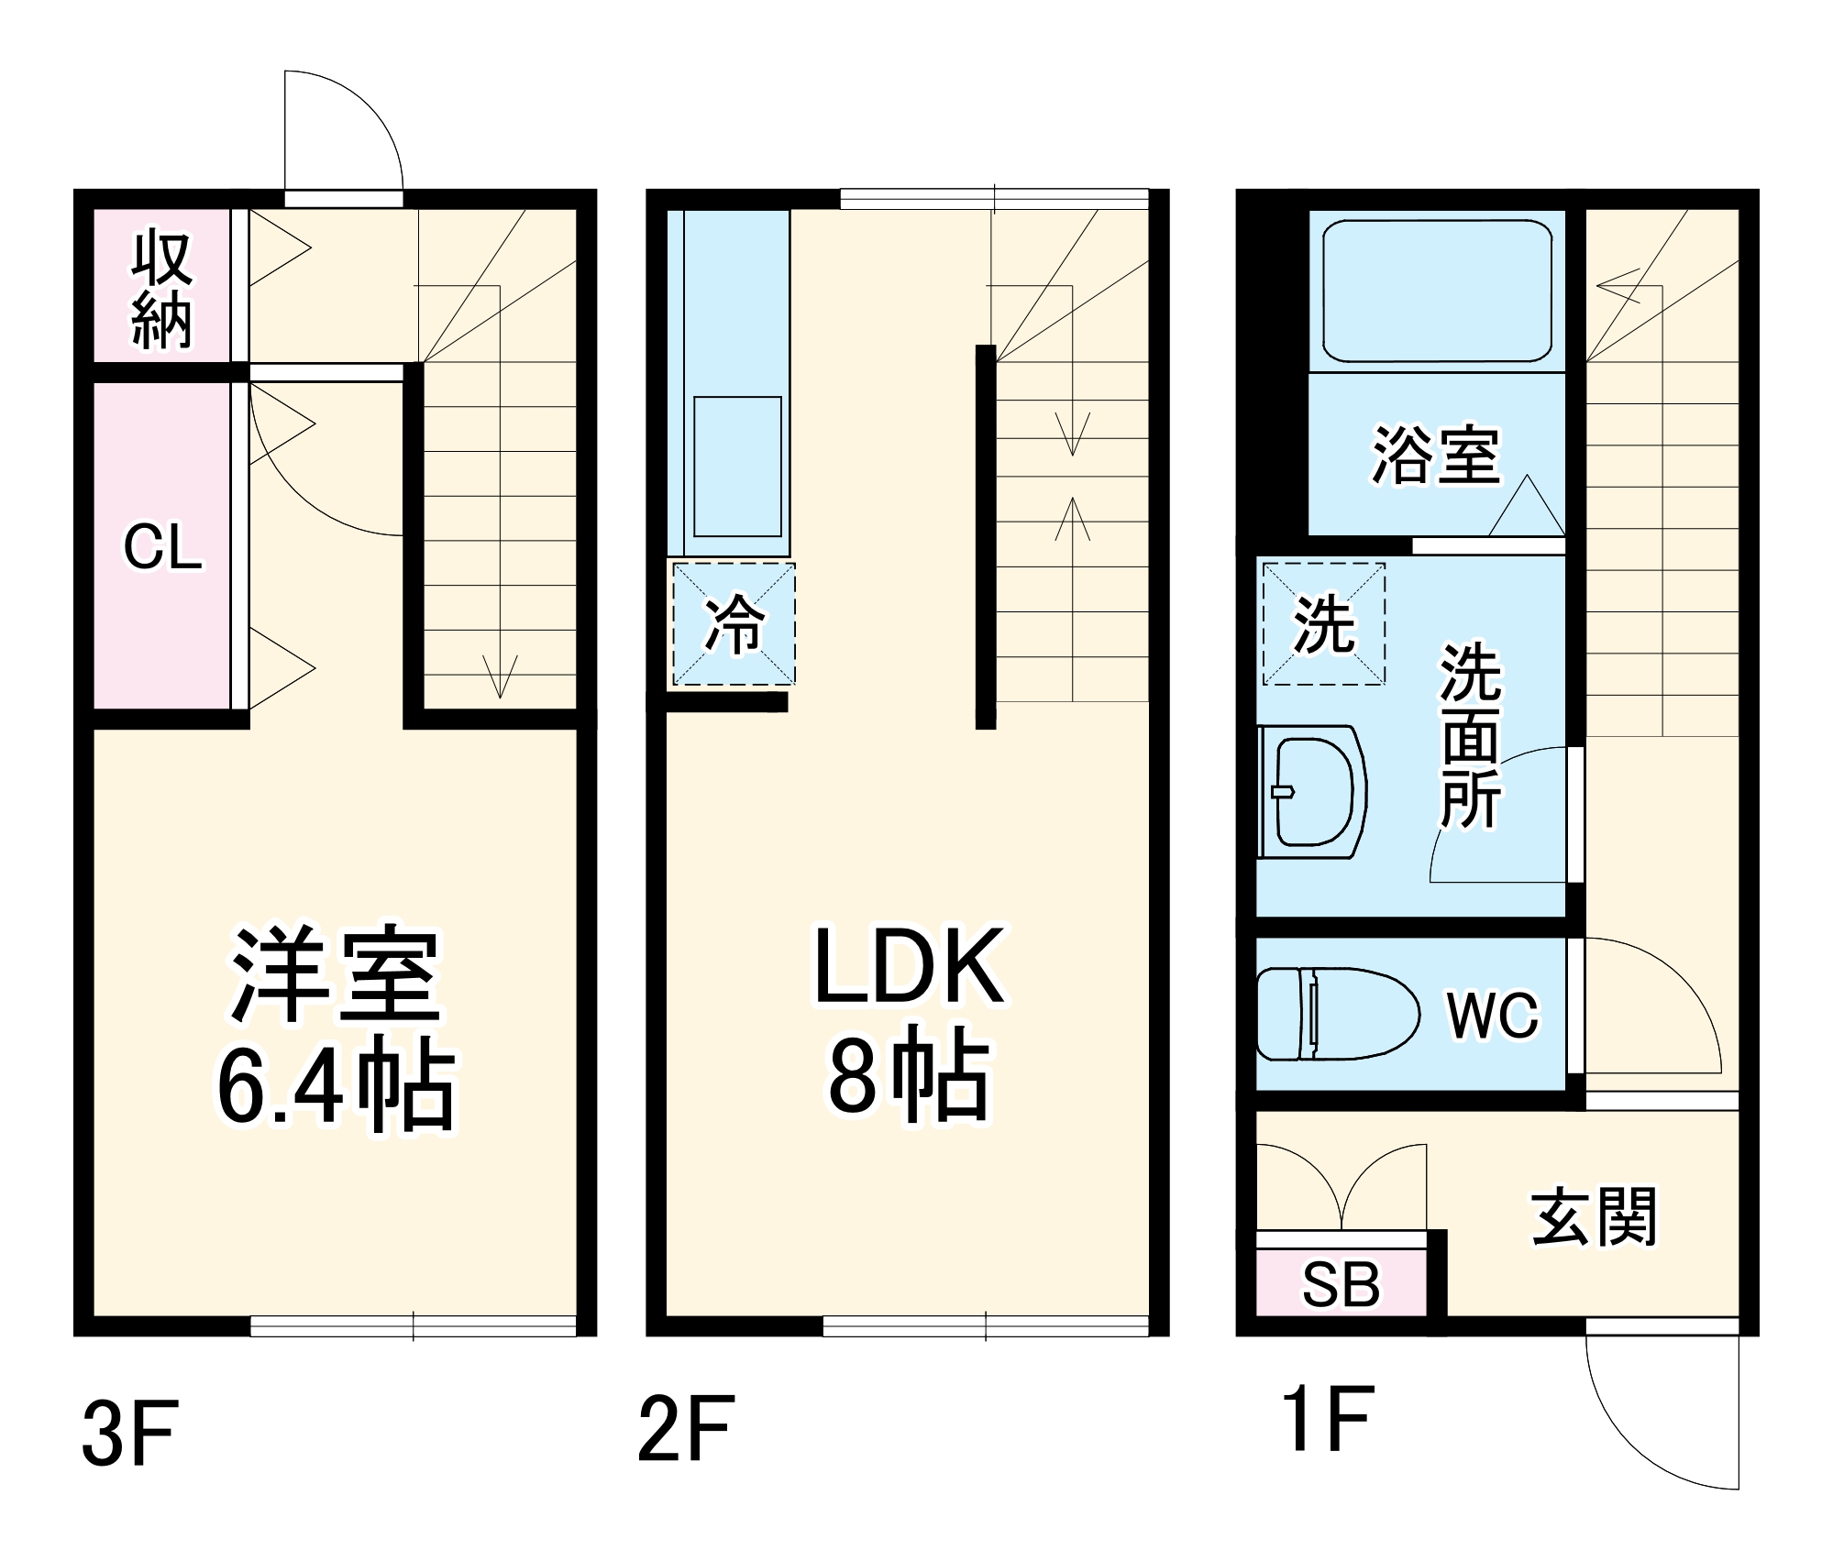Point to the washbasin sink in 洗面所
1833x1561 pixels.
point(1313,793)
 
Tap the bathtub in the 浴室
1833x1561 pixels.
point(1436,291)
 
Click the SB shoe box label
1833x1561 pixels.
point(1341,1285)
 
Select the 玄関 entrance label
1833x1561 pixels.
point(1594,1217)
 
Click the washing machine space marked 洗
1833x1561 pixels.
point(1323,624)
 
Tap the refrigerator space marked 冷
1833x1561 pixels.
point(734,624)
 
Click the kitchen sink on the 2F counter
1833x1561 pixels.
point(737,467)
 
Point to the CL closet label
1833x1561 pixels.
point(162,547)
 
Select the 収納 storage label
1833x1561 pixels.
point(162,290)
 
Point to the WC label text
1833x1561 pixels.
point(1492,1015)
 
